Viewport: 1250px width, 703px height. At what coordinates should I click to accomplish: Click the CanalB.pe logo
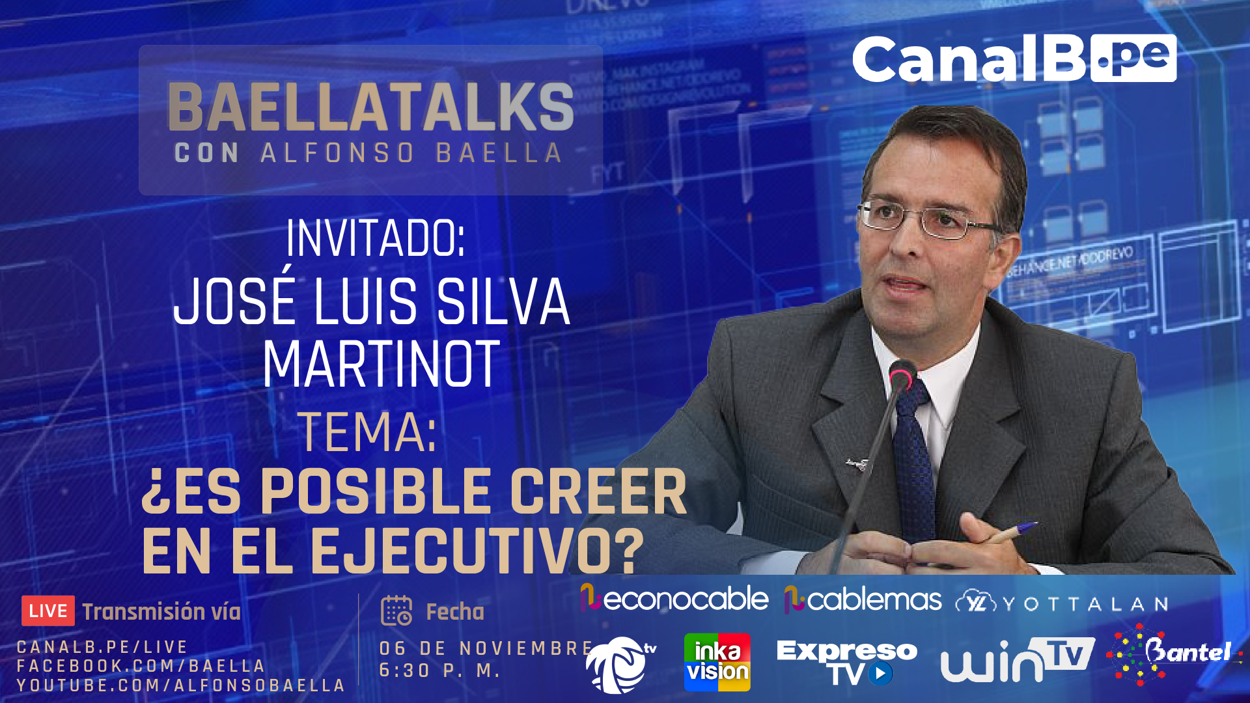tap(1014, 59)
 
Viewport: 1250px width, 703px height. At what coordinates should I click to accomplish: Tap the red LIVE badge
tap(48, 611)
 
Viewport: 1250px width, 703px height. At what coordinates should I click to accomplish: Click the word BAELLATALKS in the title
tap(370, 107)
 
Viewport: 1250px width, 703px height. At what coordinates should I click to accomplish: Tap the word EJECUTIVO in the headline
tap(477, 551)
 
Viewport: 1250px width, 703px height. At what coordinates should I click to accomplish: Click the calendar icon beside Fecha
tap(396, 611)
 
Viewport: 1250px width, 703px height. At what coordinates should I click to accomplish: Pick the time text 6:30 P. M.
tap(439, 670)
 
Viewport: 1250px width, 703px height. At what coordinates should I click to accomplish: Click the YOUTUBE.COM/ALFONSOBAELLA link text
tap(181, 685)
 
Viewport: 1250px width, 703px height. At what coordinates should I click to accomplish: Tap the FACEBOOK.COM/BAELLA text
tap(141, 666)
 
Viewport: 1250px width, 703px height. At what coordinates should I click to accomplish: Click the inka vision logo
tap(717, 662)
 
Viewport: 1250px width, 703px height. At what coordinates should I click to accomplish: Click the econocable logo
tap(674, 599)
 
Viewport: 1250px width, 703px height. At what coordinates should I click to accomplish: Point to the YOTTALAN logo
tap(1062, 603)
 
